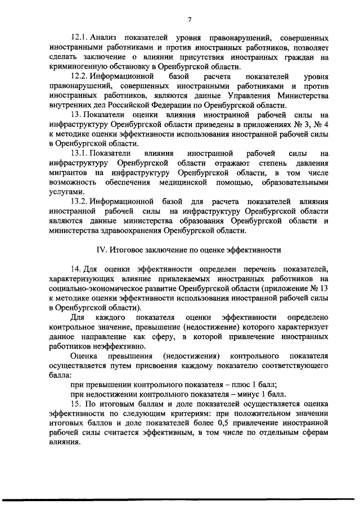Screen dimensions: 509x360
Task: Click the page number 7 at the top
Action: point(190,20)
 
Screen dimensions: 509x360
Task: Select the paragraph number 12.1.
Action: point(79,37)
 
